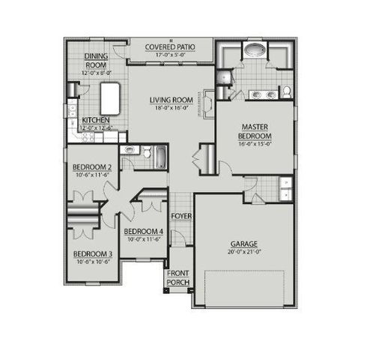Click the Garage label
click(244, 244)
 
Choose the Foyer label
click(180, 216)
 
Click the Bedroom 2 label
click(92, 166)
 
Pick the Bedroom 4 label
click(143, 231)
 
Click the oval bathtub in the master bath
click(254, 52)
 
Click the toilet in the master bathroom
click(285, 92)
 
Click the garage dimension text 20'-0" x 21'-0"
click(244, 253)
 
